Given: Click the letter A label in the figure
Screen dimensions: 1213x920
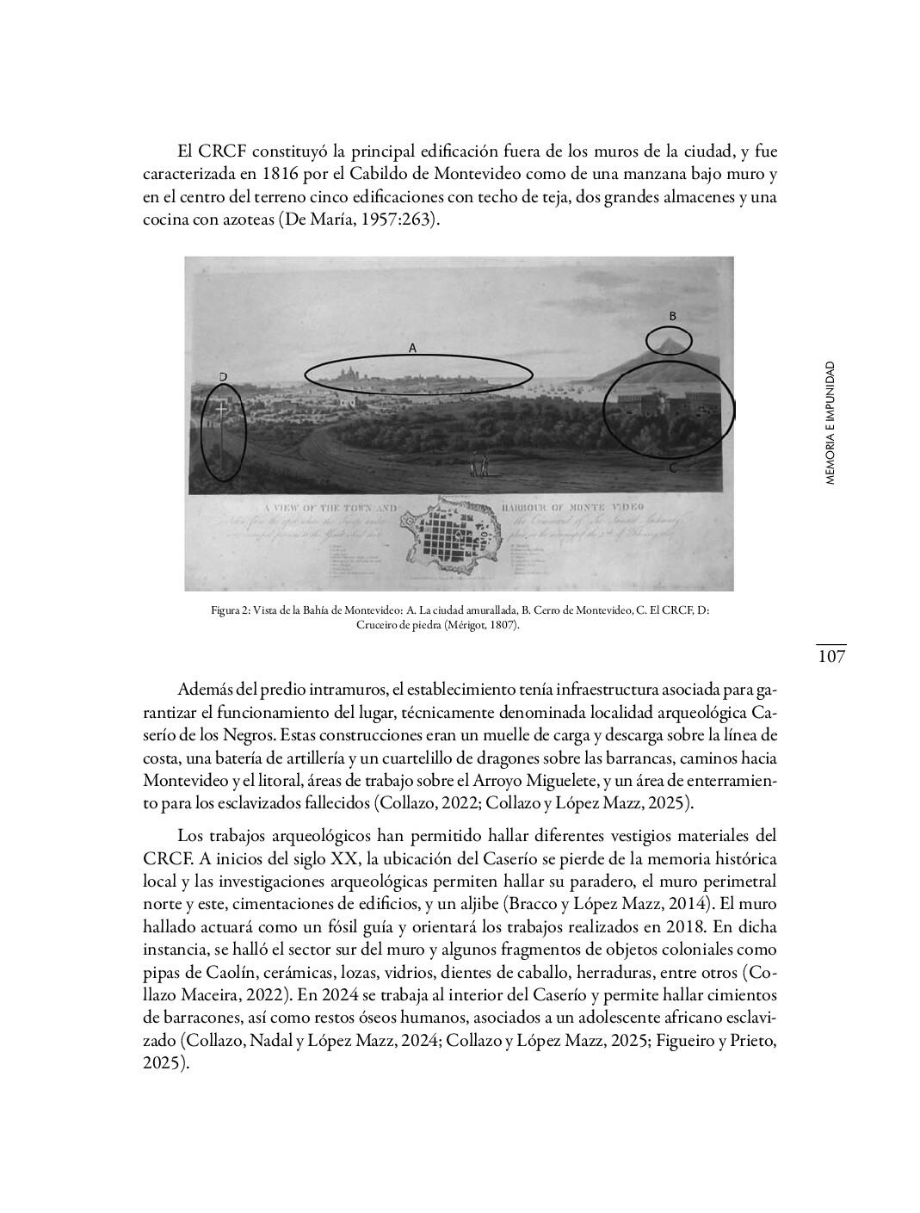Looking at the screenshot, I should pyautogui.click(x=412, y=349).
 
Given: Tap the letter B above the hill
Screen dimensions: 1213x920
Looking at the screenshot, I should pyautogui.click(x=673, y=316).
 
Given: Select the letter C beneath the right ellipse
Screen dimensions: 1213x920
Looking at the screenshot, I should pyautogui.click(x=672, y=467).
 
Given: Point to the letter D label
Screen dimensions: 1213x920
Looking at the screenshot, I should pyautogui.click(x=223, y=377).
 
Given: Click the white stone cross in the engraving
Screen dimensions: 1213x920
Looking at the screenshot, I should pyautogui.click(x=221, y=412).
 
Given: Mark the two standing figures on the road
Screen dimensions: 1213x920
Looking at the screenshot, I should pyautogui.click(x=479, y=465).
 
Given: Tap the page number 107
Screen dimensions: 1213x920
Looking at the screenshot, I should pyautogui.click(x=830, y=657).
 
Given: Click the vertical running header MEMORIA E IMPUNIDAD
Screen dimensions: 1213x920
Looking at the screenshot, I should pyautogui.click(x=830, y=423).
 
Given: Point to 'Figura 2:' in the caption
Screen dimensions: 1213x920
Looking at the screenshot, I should pyautogui.click(x=230, y=610).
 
